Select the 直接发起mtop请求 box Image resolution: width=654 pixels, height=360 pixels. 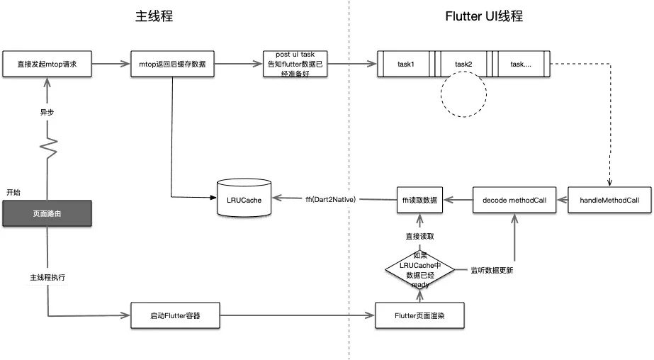[x=47, y=64]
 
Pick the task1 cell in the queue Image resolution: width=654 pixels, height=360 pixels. [x=406, y=64]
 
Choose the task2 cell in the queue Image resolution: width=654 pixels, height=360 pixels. [x=463, y=64]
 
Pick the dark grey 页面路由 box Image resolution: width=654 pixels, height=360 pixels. [x=47, y=213]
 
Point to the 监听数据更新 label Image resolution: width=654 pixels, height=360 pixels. [x=492, y=270]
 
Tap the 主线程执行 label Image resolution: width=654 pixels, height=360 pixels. [x=47, y=278]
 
